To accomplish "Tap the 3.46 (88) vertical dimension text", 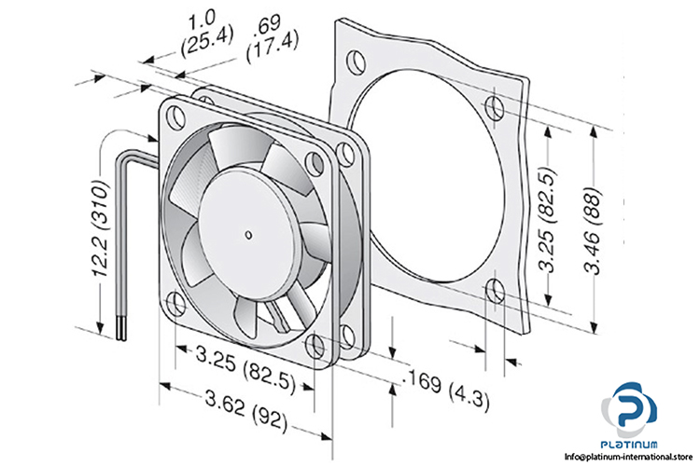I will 608,228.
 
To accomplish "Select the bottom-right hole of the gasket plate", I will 494,295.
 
